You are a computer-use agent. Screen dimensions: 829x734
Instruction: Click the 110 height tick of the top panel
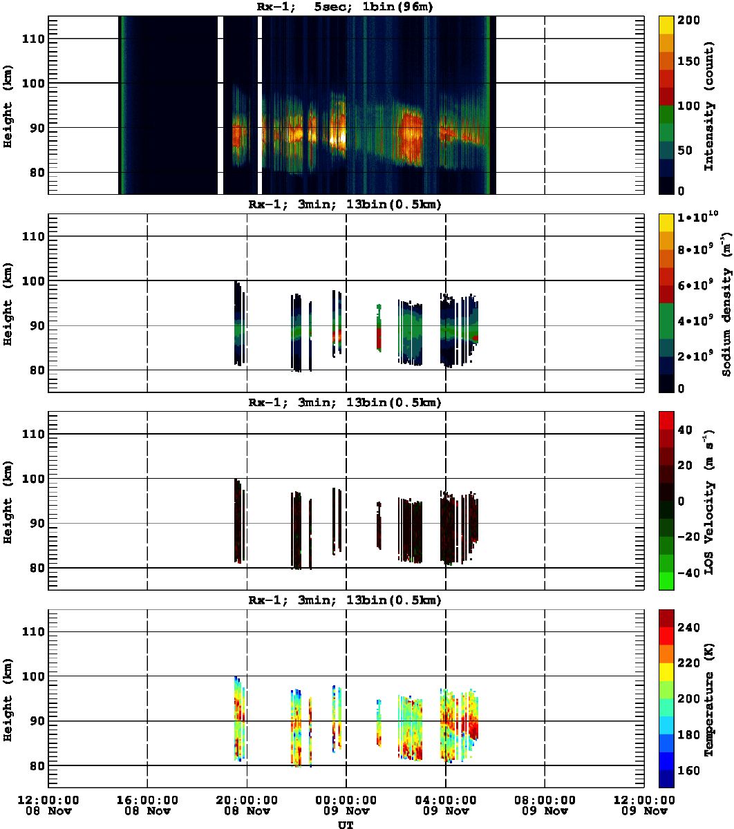33,39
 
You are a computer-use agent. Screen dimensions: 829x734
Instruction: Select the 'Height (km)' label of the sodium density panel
8,304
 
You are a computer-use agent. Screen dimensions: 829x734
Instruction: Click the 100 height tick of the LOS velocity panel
33,478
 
